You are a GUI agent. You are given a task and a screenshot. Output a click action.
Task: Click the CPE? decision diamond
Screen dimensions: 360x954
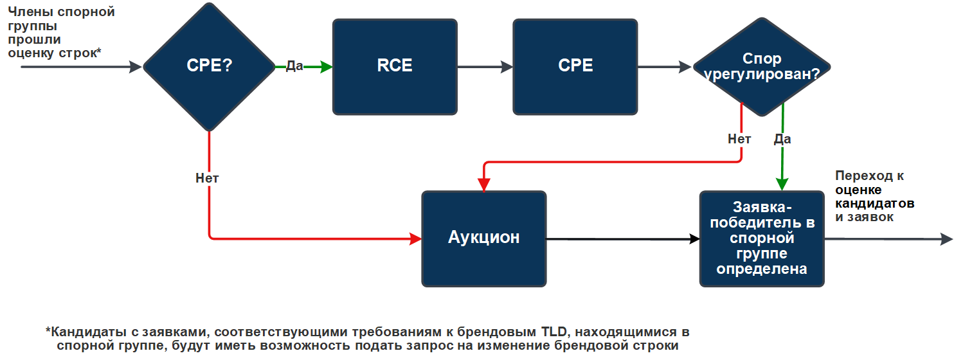tap(209, 66)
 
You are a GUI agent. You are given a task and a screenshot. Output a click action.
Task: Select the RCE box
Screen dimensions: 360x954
tap(395, 67)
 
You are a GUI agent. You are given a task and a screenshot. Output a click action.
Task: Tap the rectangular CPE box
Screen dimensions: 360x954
tap(575, 67)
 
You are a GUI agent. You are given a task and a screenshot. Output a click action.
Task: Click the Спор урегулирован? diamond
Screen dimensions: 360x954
tap(762, 67)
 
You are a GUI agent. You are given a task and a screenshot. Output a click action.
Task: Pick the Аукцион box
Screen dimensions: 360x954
tap(483, 238)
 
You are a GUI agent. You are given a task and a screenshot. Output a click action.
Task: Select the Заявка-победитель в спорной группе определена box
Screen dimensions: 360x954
tap(762, 238)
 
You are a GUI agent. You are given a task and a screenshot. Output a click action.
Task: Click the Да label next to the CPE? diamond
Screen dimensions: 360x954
tap(294, 66)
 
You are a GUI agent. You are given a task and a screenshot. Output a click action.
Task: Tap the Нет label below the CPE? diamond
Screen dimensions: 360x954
tap(207, 179)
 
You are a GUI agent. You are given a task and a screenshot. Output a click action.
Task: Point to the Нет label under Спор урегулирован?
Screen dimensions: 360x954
tap(739, 139)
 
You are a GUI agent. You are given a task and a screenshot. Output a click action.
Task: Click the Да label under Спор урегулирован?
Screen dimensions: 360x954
tap(782, 139)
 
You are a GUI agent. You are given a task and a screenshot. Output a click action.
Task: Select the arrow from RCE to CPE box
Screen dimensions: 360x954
tap(485, 67)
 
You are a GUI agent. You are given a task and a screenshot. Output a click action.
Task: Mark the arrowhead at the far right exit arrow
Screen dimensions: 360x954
tap(946, 239)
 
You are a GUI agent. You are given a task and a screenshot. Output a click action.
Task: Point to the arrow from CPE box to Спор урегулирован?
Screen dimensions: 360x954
tap(665, 67)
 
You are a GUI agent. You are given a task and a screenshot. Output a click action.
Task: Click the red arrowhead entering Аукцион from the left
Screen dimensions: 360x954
tap(415, 239)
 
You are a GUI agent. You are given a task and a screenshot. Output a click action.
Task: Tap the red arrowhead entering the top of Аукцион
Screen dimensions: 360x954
tap(484, 184)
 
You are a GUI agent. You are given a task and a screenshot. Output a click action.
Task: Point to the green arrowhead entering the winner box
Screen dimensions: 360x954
tap(782, 184)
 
